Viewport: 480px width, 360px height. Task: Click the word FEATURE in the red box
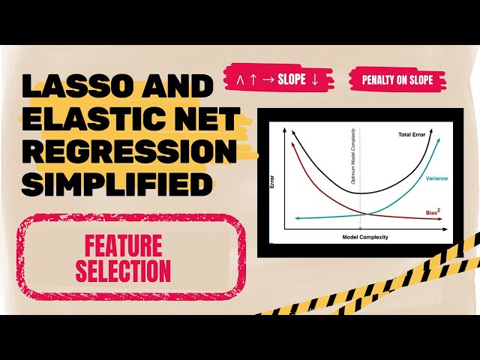[123, 245]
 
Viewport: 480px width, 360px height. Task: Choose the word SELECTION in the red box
[123, 269]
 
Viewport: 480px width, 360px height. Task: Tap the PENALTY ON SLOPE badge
[397, 80]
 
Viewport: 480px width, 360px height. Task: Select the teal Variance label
[437, 178]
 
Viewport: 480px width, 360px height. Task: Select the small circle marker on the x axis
[361, 228]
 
